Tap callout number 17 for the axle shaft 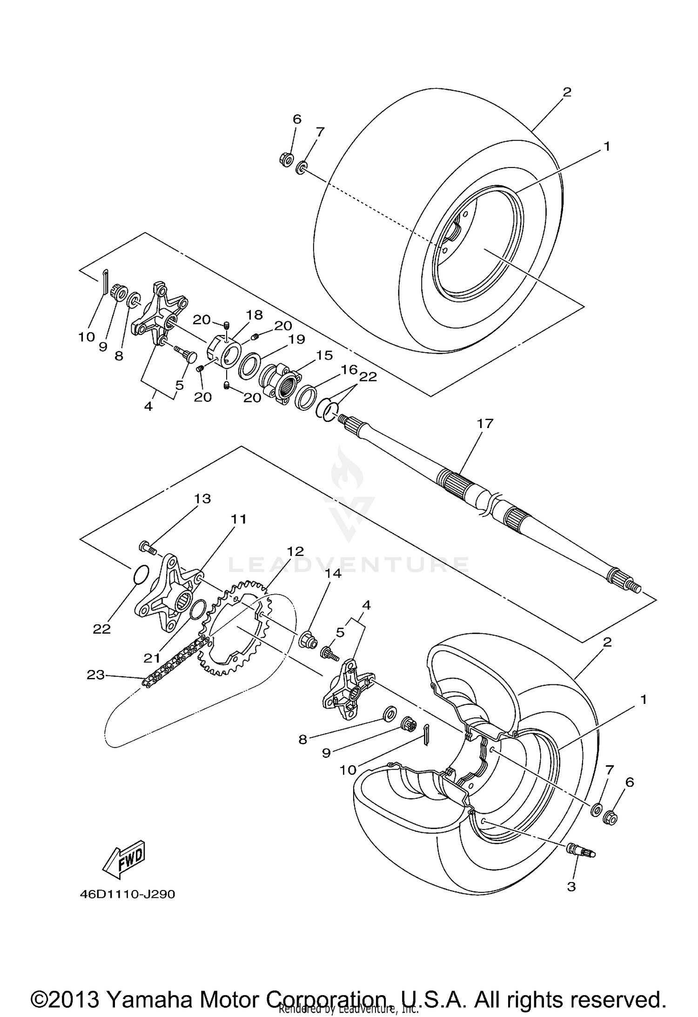(485, 424)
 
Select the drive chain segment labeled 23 (177, 658)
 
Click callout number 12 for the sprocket (295, 552)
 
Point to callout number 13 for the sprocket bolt (202, 499)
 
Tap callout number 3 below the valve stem (571, 886)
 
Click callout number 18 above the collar (255, 315)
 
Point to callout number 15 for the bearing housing (324, 355)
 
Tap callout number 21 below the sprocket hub (152, 658)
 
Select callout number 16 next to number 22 (349, 370)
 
